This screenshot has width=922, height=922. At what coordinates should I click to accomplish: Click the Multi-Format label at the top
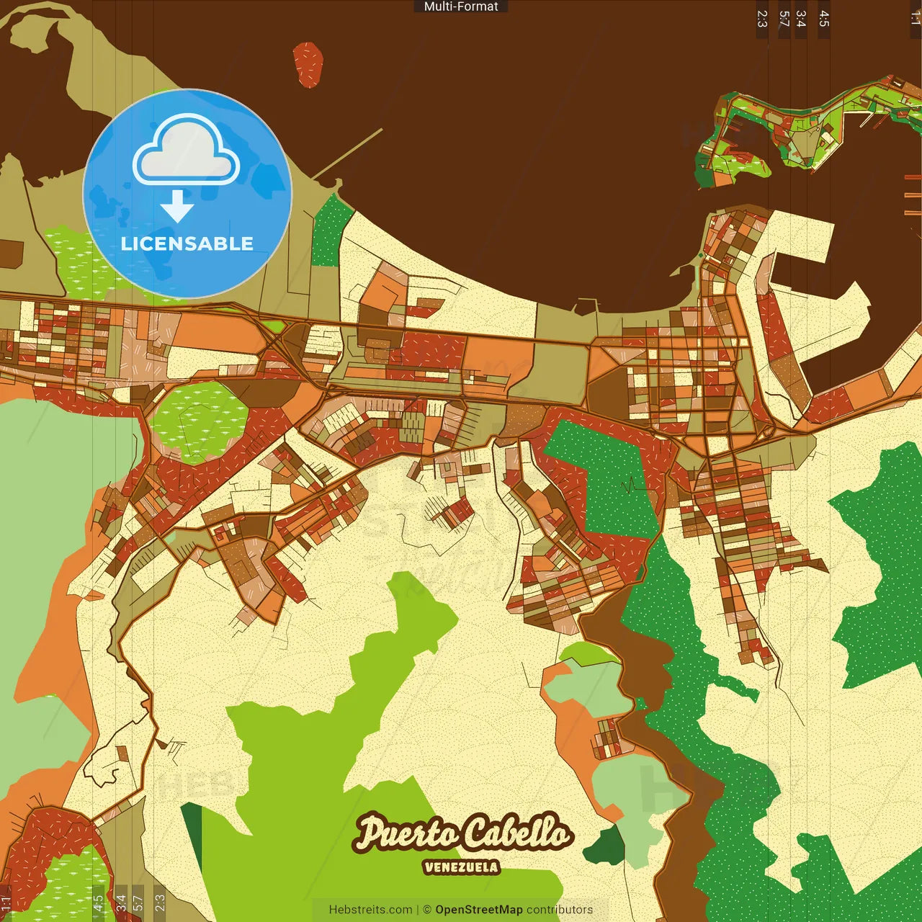pos(461,6)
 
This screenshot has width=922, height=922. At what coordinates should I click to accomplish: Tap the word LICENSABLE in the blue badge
pos(187,243)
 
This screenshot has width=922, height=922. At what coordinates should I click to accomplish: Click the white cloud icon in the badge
pos(187,151)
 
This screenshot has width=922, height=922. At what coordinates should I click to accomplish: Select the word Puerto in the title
pos(407,833)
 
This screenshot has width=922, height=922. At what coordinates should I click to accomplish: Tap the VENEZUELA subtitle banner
pos(461,867)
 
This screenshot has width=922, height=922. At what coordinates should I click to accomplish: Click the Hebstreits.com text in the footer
pos(370,910)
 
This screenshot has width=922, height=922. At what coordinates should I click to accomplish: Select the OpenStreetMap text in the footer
pos(478,910)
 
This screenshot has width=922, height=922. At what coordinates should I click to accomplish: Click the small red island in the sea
pos(308,64)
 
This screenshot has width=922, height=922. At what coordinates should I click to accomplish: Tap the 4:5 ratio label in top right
pos(824,19)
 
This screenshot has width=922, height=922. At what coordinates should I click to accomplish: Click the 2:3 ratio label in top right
pos(762,19)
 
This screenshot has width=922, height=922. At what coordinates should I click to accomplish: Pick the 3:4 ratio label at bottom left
pos(120,903)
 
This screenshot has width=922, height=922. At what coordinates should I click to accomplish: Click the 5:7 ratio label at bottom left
pos(138,903)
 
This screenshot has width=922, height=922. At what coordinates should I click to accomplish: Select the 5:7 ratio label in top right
pos(784,19)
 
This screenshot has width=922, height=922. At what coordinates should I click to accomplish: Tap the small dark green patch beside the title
pos(606,847)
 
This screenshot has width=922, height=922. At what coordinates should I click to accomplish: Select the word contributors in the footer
pos(560,910)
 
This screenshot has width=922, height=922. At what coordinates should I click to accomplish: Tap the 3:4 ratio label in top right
pos(801,19)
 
